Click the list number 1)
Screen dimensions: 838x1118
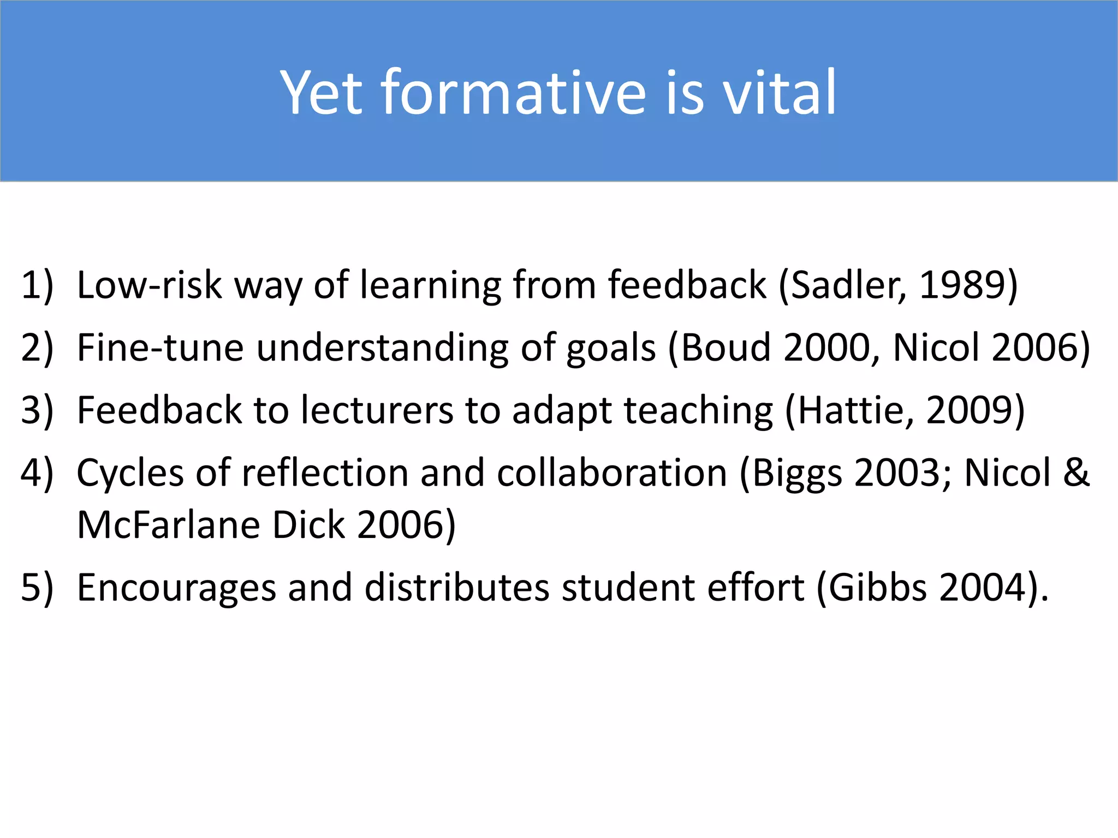(x=37, y=285)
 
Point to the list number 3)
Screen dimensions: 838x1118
(x=37, y=410)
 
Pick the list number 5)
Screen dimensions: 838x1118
(x=37, y=588)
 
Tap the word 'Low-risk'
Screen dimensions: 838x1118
(x=149, y=285)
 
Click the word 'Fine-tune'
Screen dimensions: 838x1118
(x=160, y=348)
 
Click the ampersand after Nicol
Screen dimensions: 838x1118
(x=1075, y=473)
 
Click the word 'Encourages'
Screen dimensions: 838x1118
(x=176, y=588)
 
